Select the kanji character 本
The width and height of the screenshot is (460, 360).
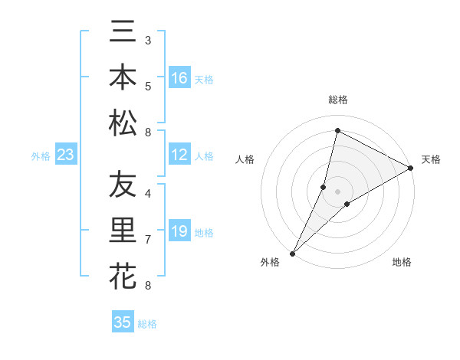point(123,77)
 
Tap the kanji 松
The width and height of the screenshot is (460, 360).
point(123,123)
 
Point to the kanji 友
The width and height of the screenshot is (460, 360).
point(123,185)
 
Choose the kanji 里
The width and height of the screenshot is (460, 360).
point(123,231)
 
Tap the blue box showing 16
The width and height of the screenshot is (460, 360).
point(179,78)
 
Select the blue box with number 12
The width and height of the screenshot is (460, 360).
point(179,155)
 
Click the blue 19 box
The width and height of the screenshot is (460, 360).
point(179,232)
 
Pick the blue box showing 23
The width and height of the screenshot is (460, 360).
point(66,155)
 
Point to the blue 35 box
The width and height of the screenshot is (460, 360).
point(123,322)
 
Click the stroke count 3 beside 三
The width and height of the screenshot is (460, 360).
point(147,39)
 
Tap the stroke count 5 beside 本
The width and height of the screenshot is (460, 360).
point(147,85)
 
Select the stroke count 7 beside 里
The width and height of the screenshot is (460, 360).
point(147,239)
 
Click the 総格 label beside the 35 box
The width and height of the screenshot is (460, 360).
point(147,324)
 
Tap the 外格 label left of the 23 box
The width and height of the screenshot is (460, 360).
point(41,156)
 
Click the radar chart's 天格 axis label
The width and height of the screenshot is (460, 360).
point(431,159)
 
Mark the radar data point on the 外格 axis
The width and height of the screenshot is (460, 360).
point(293,253)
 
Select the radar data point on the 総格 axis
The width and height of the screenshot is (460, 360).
point(337,130)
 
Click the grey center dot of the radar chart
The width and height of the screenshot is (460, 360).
point(337,191)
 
